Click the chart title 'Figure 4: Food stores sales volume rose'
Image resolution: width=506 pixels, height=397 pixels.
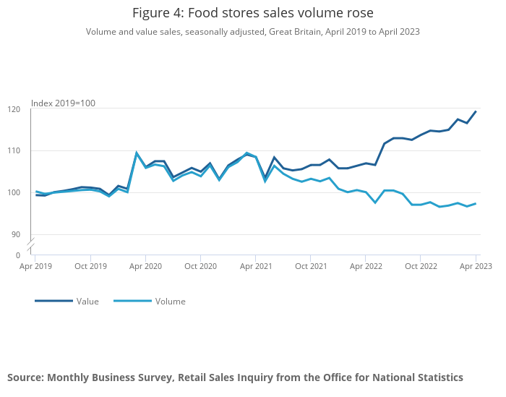point(253,13)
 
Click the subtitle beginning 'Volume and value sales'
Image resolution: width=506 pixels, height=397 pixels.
point(253,32)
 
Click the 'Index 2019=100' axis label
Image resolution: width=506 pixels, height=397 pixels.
point(63,103)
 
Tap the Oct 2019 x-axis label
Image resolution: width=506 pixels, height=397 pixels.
point(90,266)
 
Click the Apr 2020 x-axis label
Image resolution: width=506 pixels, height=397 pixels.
point(145,266)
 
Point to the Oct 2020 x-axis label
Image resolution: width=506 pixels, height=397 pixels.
point(201,266)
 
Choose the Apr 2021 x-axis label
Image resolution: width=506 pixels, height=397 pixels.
point(255,266)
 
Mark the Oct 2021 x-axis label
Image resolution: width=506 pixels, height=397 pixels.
point(310,266)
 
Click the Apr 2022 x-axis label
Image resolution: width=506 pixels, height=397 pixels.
point(366,266)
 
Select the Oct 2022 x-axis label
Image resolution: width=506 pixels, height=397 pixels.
point(421,266)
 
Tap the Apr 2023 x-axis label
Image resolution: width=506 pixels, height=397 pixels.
point(475,266)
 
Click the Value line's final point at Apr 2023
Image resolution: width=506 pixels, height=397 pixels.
point(476,111)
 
